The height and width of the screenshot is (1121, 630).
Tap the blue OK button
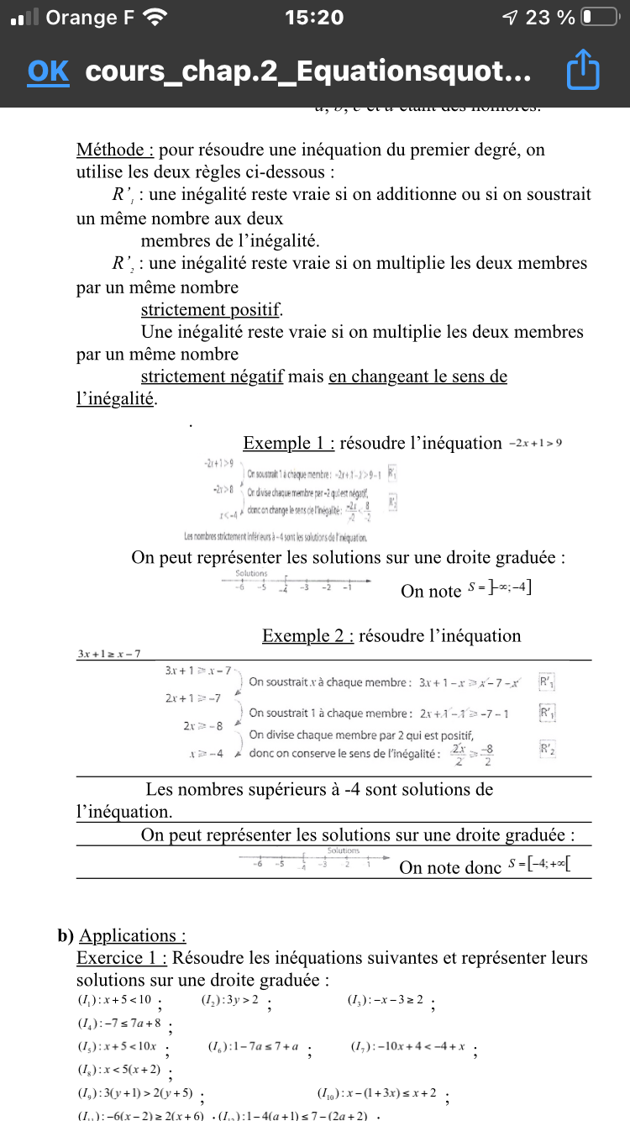pyautogui.click(x=48, y=72)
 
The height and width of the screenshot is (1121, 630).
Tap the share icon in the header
pyautogui.click(x=584, y=71)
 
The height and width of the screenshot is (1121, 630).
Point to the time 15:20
pyautogui.click(x=314, y=18)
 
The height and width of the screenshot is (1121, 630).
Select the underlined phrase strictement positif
pyautogui.click(x=212, y=308)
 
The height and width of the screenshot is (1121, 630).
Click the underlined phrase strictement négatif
pyautogui.click(x=212, y=376)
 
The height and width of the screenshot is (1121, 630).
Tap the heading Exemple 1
pyautogui.click(x=288, y=443)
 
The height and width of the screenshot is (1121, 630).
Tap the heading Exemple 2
pyautogui.click(x=307, y=635)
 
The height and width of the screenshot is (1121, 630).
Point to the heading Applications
pyautogui.click(x=132, y=935)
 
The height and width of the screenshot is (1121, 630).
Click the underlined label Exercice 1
pyautogui.click(x=122, y=958)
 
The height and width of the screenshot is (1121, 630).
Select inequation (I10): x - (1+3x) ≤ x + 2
pyautogui.click(x=377, y=1093)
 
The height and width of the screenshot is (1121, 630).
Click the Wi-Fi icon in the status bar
pyautogui.click(x=155, y=18)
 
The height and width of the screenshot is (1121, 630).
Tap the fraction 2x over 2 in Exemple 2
pyautogui.click(x=458, y=754)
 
